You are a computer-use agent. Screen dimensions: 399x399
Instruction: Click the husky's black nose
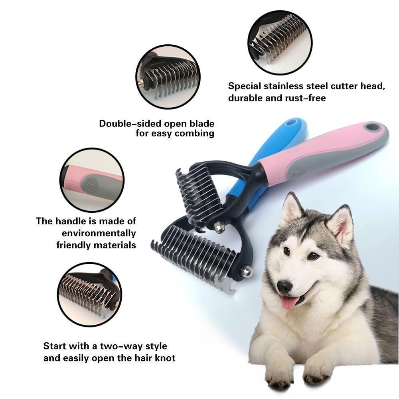(x=284, y=286)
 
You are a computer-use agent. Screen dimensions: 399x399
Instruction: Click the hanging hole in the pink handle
(x=373, y=127)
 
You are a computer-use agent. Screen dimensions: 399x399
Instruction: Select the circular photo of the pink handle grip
(x=92, y=180)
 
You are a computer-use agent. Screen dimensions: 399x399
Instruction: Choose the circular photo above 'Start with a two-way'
(x=89, y=295)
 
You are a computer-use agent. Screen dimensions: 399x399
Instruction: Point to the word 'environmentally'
(x=99, y=233)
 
